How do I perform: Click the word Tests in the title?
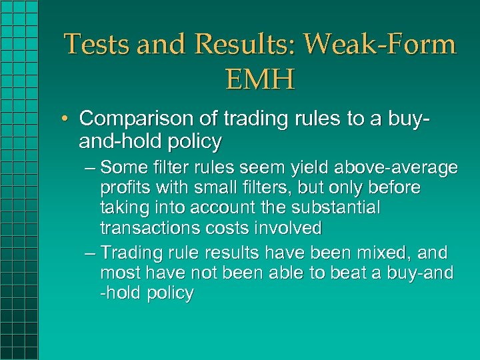[94, 45]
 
